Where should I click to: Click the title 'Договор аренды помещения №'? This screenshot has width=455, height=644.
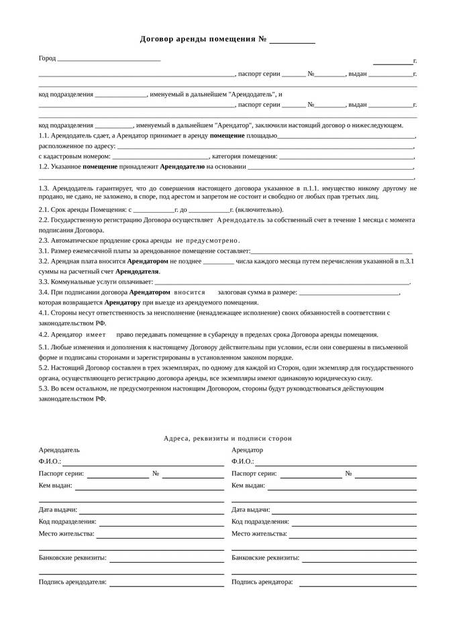(x=203, y=39)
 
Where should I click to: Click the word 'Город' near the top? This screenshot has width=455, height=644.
(x=47, y=59)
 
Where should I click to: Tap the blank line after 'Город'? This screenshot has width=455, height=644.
(x=109, y=60)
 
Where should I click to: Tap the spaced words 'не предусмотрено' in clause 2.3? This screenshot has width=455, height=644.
(x=208, y=240)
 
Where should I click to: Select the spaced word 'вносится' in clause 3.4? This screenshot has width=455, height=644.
(x=189, y=292)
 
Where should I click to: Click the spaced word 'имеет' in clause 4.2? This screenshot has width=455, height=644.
(x=96, y=334)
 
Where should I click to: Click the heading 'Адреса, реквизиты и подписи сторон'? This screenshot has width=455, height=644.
(x=227, y=438)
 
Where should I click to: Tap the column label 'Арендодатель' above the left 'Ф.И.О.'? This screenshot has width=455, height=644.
(x=59, y=450)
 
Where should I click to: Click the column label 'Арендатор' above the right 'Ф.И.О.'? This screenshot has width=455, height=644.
(x=247, y=450)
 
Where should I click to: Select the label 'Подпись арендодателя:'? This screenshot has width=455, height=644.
(x=72, y=582)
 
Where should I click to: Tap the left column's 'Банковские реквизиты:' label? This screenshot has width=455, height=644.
(x=72, y=557)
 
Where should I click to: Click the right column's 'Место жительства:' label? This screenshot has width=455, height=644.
(x=259, y=534)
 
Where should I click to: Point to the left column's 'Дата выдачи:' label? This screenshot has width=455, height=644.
(x=58, y=510)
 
